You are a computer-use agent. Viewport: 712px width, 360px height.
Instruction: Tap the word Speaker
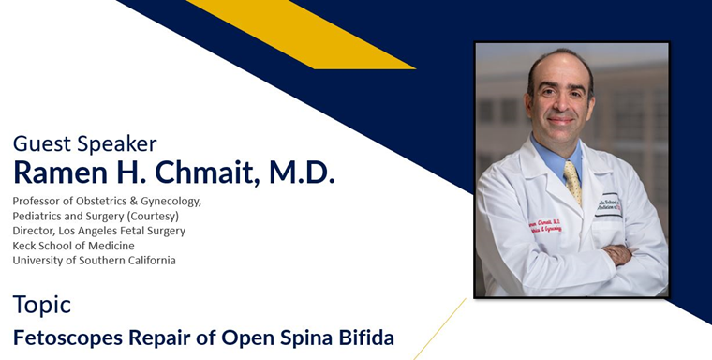[x=114, y=144]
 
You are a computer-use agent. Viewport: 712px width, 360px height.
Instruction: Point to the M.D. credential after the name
[x=301, y=172]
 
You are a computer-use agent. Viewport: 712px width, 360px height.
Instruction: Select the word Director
[x=33, y=231]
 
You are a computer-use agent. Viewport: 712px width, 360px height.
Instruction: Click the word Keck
[x=25, y=246]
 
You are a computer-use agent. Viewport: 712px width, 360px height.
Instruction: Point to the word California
[x=148, y=261]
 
